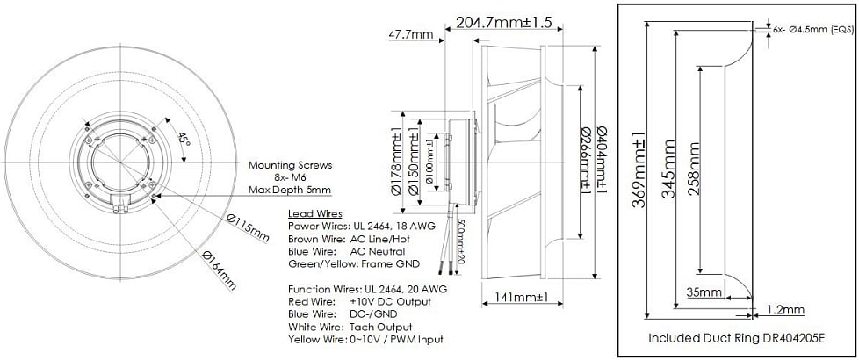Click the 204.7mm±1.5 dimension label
pyautogui.click(x=504, y=23)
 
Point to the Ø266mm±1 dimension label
pyautogui.click(x=585, y=163)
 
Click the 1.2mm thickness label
pyautogui.click(x=785, y=310)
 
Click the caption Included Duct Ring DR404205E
pyautogui.click(x=737, y=337)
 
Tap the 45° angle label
pyautogui.click(x=182, y=140)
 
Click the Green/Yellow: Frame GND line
pyautogui.click(x=354, y=263)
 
